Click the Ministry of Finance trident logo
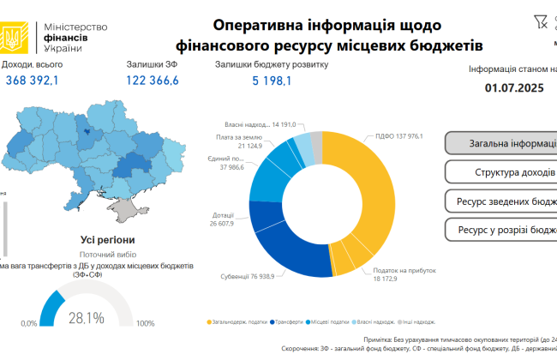click(13, 36)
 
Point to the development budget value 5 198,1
click(272, 81)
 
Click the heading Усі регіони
click(106, 240)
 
